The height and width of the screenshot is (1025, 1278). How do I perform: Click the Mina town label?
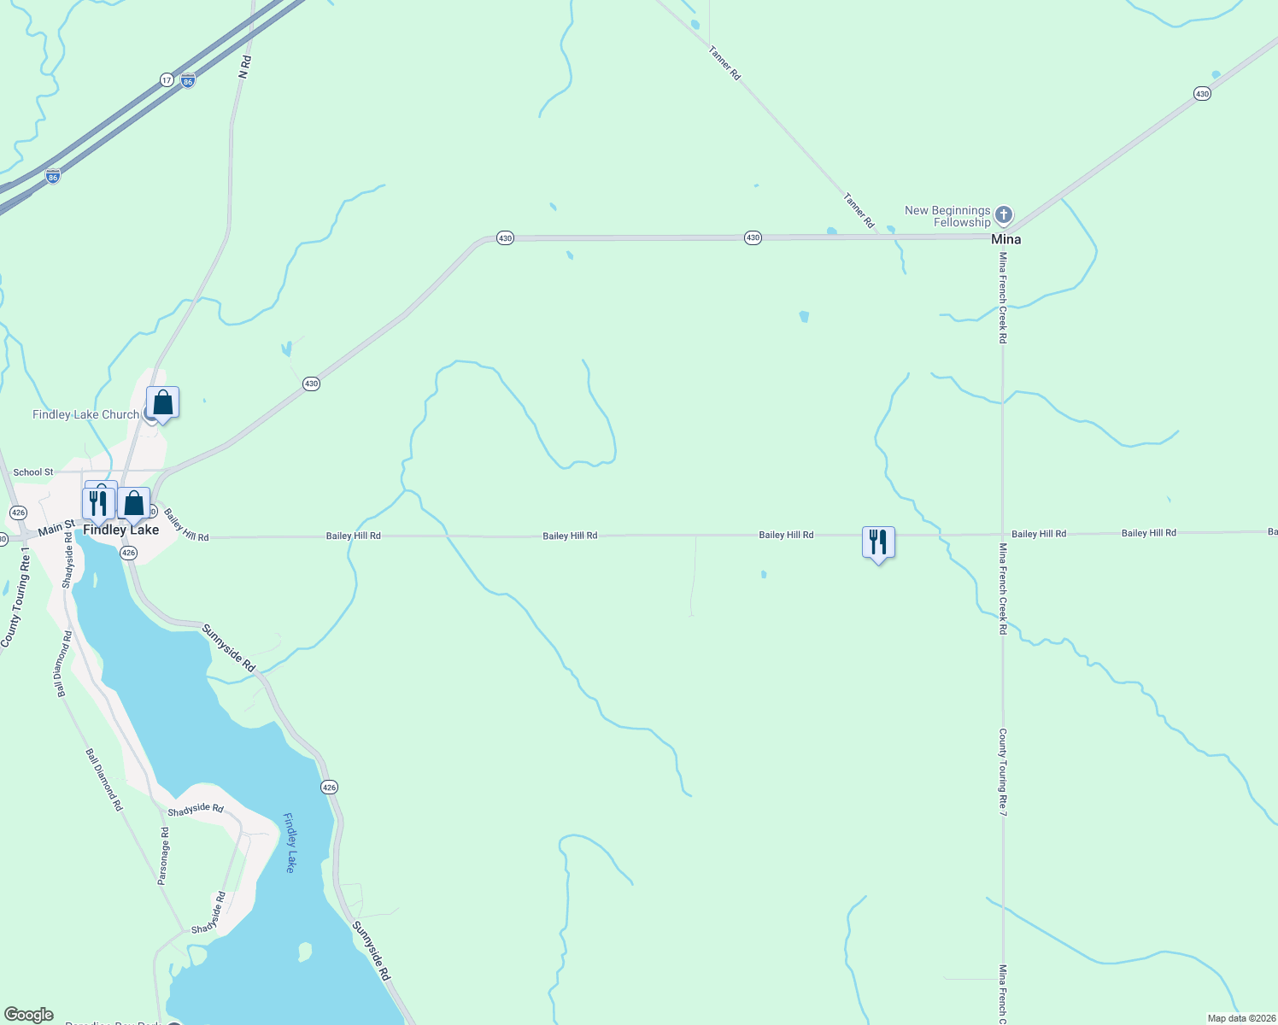(1005, 239)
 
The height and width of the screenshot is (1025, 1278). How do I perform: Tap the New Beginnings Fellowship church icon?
(1004, 215)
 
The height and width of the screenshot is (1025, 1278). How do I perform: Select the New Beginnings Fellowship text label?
(947, 216)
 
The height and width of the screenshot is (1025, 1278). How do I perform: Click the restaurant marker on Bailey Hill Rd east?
(878, 542)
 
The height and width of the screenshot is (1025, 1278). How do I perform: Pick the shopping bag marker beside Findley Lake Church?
(162, 403)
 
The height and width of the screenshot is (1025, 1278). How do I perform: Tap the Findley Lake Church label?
(85, 414)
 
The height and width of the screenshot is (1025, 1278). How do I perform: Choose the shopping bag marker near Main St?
(134, 503)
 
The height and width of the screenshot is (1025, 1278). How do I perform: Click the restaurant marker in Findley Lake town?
(98, 503)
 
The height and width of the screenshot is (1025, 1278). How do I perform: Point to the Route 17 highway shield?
(167, 80)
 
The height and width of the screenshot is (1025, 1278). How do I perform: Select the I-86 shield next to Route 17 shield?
(188, 80)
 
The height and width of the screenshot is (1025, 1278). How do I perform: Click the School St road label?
(33, 472)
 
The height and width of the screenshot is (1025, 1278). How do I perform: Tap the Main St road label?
(56, 529)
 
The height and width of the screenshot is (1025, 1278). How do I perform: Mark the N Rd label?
(244, 67)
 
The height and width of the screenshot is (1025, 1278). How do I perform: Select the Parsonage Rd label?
(163, 855)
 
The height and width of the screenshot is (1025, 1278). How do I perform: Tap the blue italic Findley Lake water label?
(290, 842)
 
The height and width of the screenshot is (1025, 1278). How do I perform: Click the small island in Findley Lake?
(304, 951)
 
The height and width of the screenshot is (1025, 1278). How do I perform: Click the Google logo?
(29, 1015)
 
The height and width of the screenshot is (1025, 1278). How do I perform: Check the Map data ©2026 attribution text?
(1241, 1018)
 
